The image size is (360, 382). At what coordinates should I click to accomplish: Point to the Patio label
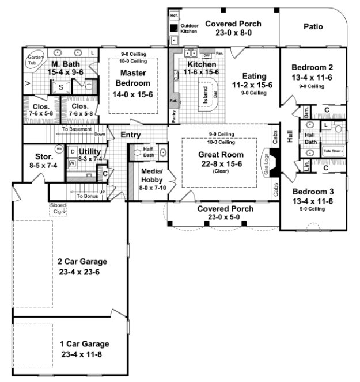coord(313,26)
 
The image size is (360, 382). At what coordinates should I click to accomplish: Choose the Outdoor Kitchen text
coord(190,29)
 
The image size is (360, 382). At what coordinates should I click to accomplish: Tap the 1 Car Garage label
coord(84,343)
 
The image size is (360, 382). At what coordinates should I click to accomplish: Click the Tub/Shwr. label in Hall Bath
coord(333,151)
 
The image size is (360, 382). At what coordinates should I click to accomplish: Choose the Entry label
coord(131,135)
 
